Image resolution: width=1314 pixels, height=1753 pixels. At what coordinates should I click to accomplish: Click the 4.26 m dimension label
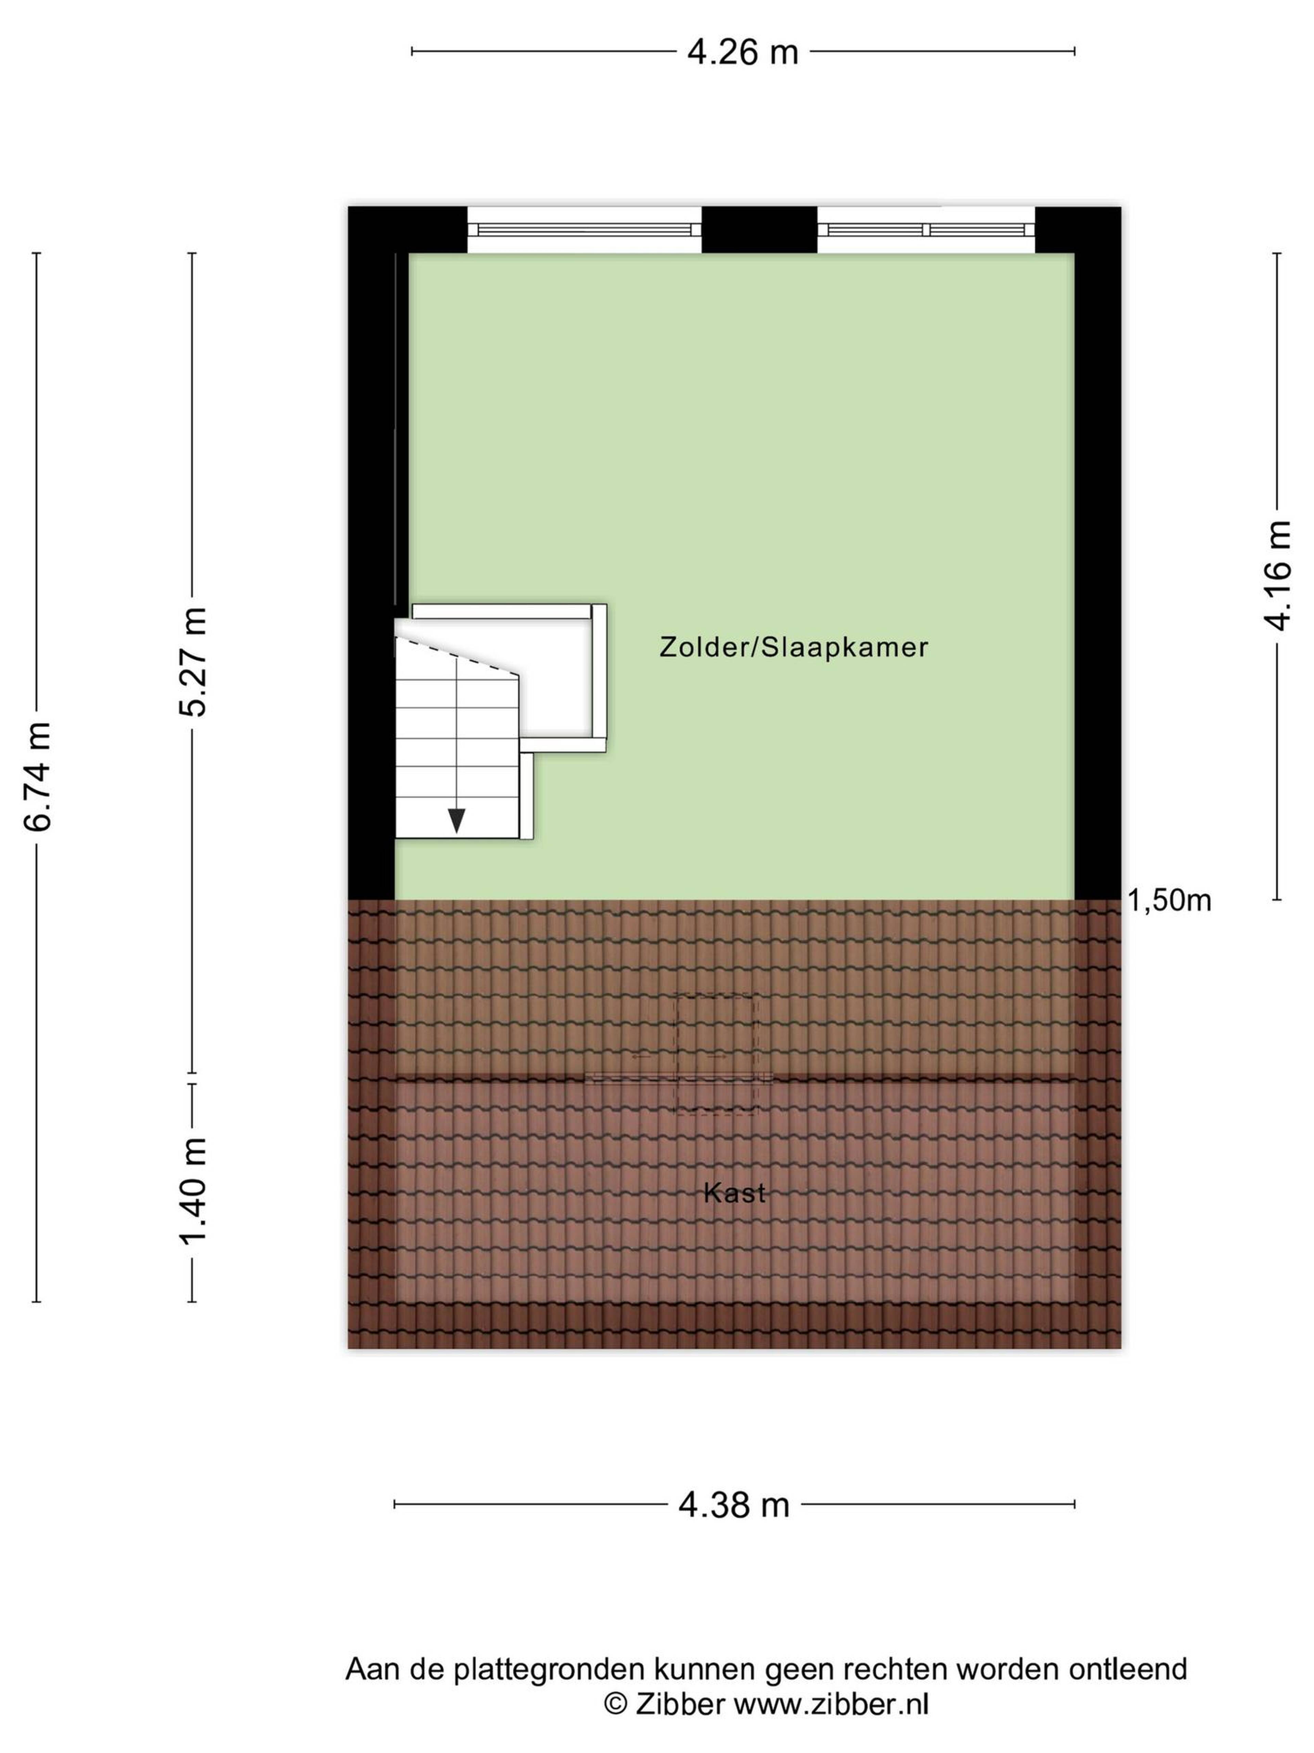[x=742, y=52]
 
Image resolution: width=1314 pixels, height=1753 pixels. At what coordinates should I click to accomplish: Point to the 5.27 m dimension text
[x=192, y=662]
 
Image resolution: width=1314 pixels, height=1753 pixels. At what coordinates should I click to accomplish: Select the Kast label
[x=734, y=1193]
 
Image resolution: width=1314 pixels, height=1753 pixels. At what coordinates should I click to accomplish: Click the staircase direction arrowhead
[x=456, y=821]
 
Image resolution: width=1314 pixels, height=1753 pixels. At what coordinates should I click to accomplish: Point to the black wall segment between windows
[x=760, y=230]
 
